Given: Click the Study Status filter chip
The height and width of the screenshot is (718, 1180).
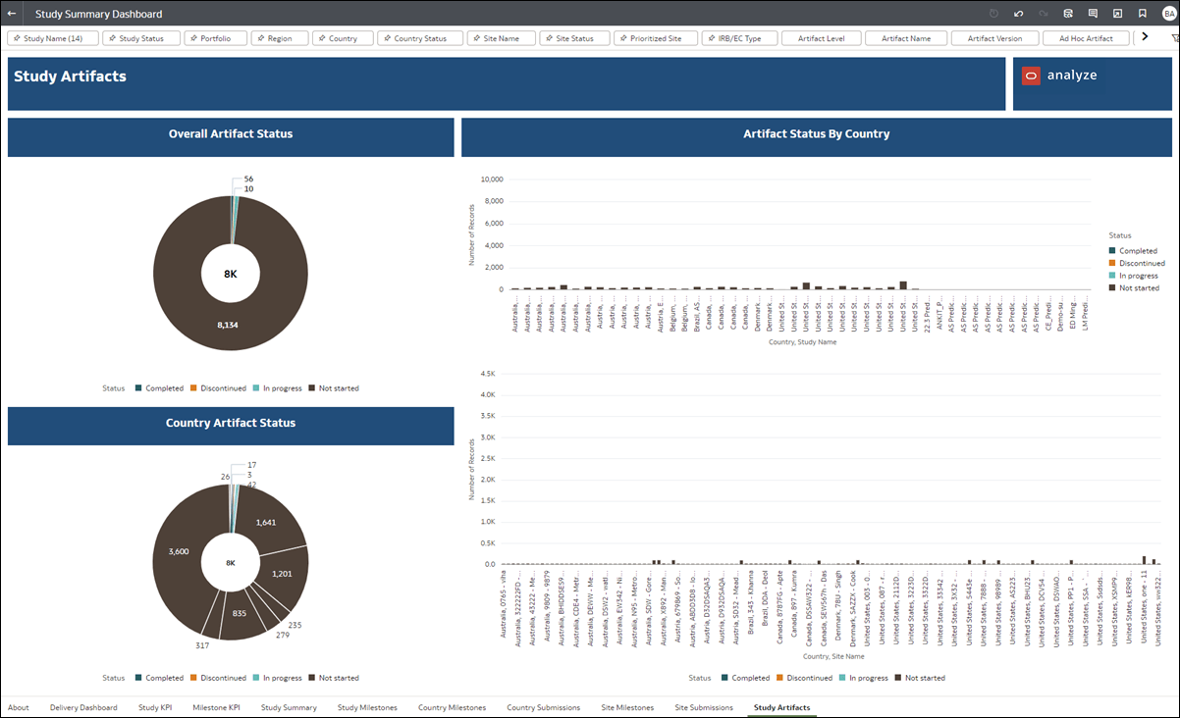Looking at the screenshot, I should [141, 38].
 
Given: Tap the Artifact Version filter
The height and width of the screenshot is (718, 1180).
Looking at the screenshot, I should [994, 38].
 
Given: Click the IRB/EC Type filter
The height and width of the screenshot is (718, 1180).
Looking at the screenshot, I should [739, 38].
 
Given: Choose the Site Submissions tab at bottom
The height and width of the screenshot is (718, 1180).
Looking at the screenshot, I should [703, 707].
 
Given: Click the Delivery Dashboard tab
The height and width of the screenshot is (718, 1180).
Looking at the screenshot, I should [83, 707].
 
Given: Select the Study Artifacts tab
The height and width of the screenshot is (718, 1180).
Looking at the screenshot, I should [781, 707].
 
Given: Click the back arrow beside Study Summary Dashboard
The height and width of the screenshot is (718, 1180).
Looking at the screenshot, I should [12, 14].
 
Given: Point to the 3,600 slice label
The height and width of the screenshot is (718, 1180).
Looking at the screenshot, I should [179, 552].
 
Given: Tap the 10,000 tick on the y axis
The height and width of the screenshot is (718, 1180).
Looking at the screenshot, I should [489, 179].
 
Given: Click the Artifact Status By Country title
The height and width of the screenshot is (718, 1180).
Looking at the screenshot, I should [816, 134].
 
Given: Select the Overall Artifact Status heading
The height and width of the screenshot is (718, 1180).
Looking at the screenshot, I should [231, 134].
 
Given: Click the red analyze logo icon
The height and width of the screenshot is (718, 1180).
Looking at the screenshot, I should [1031, 76].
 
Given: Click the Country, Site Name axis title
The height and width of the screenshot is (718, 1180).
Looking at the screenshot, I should [833, 656].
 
